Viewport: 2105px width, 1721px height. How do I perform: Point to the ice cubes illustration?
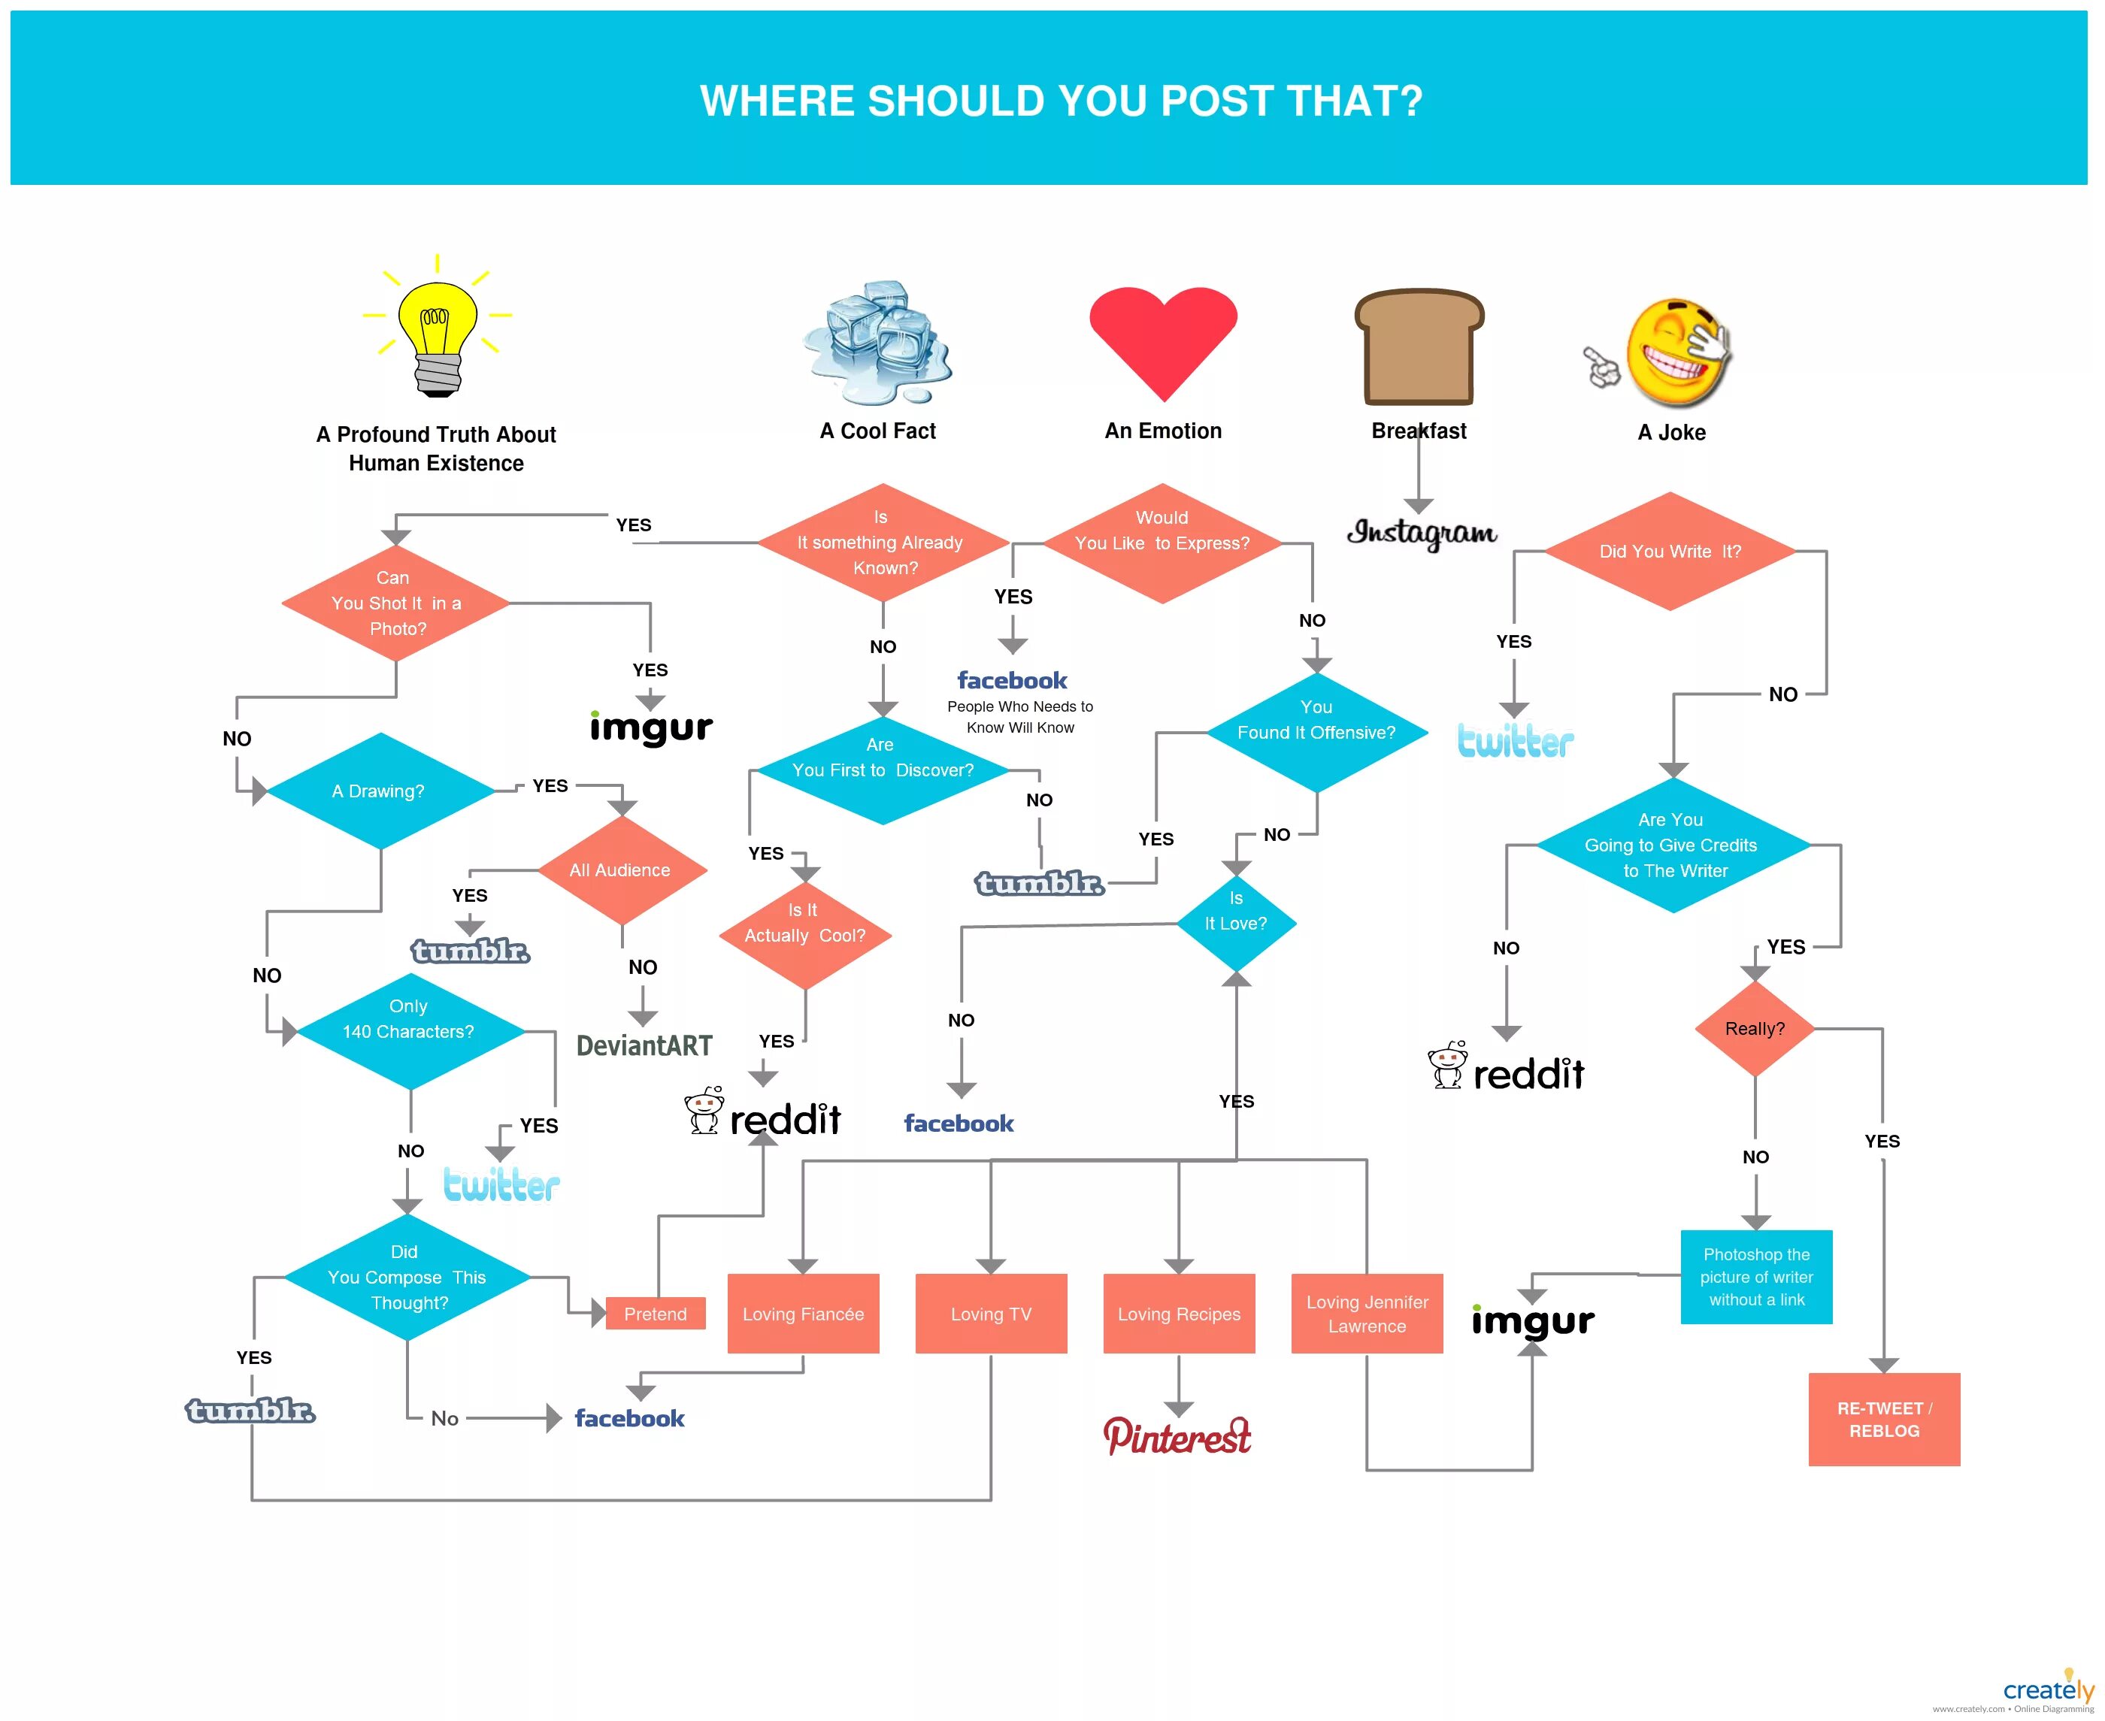click(x=877, y=342)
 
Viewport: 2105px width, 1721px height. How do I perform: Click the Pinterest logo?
click(x=1177, y=1436)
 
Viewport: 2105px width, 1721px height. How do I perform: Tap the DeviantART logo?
click(x=644, y=1046)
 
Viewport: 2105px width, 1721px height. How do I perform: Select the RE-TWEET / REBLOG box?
click(x=1884, y=1419)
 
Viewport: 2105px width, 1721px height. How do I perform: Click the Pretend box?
click(x=656, y=1314)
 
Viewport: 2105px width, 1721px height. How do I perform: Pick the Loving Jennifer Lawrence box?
click(x=1366, y=1314)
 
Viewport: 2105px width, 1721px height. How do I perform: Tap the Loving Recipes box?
click(x=1179, y=1314)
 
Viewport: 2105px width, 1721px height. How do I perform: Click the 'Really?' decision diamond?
click(x=1754, y=1029)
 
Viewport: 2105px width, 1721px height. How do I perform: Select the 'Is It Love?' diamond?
click(x=1235, y=922)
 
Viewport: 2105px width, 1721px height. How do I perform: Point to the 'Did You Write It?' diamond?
click(x=1670, y=551)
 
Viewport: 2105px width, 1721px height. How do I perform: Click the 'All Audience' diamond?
click(x=621, y=870)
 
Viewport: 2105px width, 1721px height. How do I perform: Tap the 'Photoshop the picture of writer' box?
click(x=1756, y=1277)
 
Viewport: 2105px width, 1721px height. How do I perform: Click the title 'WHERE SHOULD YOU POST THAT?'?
click(x=1061, y=100)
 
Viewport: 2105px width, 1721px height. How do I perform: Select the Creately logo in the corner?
click(x=2048, y=1690)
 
